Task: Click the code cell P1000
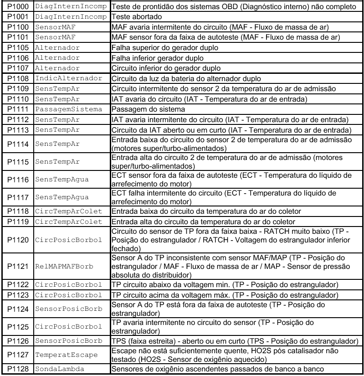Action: tap(17, 7)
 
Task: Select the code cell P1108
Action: tap(17, 78)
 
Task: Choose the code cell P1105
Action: tap(17, 48)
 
